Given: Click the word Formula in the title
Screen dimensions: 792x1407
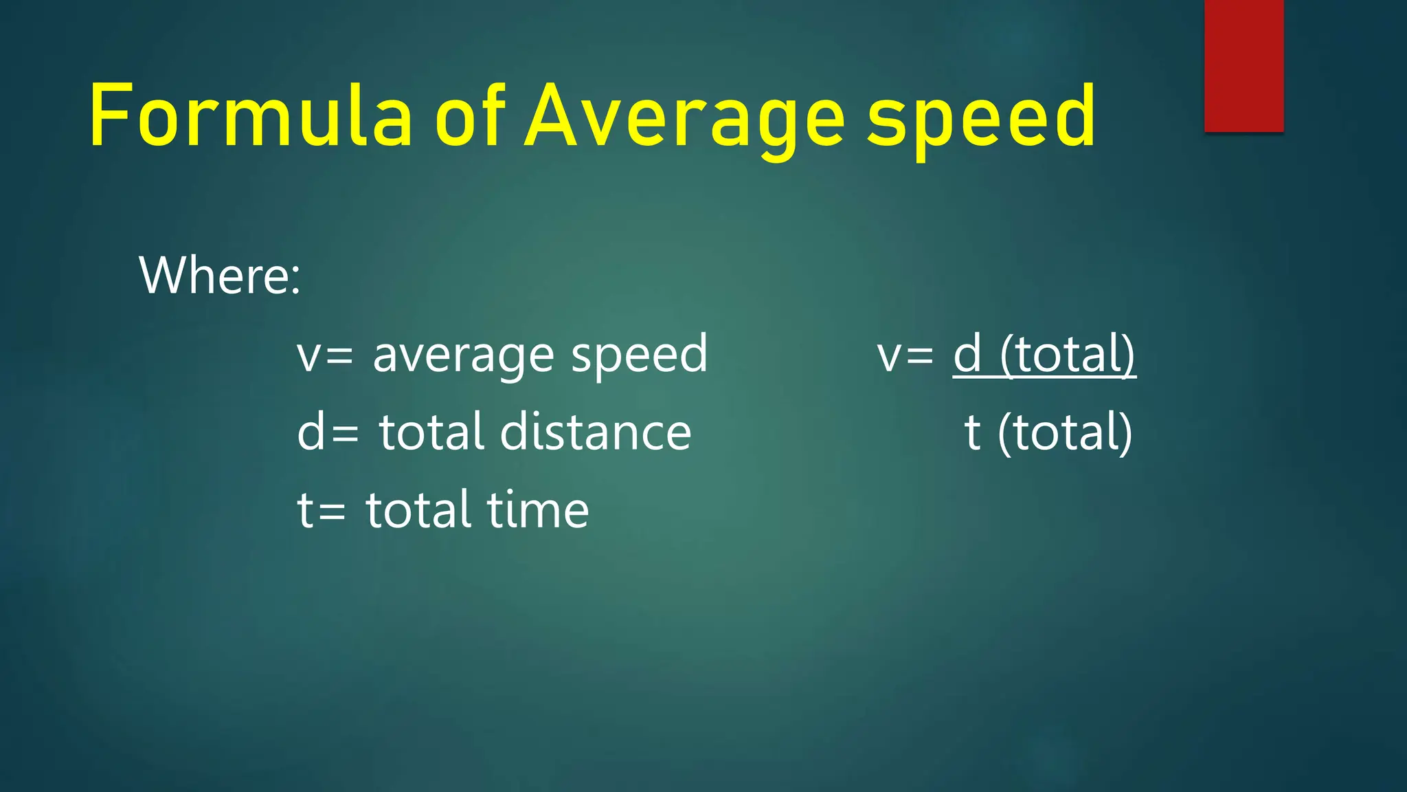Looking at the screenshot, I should click(x=250, y=115).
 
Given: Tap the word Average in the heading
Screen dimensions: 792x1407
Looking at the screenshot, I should click(x=684, y=117).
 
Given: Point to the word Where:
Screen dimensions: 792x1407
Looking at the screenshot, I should click(x=220, y=275).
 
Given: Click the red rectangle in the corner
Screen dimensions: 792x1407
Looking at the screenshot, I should click(x=1243, y=65).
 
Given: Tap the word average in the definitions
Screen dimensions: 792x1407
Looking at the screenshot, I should click(x=463, y=355).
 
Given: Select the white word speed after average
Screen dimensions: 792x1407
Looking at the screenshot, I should click(x=639, y=355).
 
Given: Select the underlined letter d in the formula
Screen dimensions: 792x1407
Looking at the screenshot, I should click(x=967, y=354).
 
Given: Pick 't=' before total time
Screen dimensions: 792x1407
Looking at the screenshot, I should click(x=321, y=510).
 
